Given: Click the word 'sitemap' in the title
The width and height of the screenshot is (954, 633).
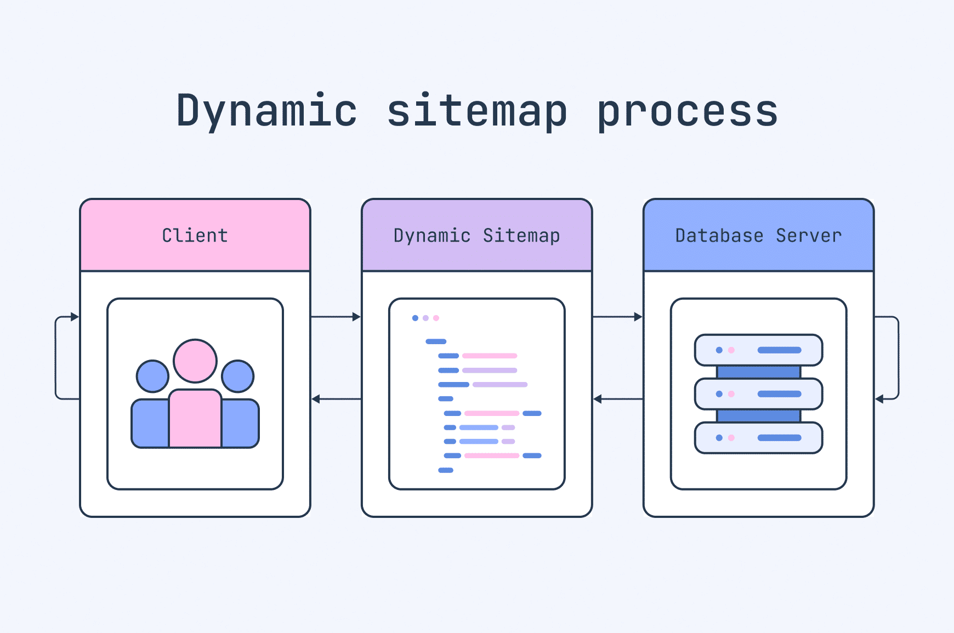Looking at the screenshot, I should coord(476,111).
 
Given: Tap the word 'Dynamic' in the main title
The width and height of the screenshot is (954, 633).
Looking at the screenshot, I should coord(266,111).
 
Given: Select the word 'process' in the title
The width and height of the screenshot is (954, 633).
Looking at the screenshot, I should coord(688,111).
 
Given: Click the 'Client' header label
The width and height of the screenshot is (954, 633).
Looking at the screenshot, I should coord(195,236).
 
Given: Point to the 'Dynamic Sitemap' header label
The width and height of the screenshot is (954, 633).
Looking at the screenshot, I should coord(476,236).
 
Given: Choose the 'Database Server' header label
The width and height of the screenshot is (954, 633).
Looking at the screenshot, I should coord(758,236).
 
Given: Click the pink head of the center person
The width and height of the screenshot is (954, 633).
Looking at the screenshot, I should coord(195,361).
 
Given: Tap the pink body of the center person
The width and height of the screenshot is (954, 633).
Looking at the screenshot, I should coord(195,419).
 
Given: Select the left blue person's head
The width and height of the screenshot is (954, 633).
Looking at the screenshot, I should coord(152,376).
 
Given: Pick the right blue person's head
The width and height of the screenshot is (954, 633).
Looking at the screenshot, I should coord(238,376).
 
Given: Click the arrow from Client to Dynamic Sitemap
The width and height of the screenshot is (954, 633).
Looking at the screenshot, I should coord(336,317).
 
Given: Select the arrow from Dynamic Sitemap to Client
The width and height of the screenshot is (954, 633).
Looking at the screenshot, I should coord(336,399).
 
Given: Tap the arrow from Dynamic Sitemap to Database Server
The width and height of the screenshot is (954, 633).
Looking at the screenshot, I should coord(617,317).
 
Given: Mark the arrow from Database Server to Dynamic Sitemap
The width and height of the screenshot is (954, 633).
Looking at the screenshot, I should coord(617,399).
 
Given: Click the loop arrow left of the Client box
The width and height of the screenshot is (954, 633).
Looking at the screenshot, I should coord(56,357).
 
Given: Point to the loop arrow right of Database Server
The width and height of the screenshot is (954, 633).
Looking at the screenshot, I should coord(898,357).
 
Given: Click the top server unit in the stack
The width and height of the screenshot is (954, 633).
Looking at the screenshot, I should coord(758,350).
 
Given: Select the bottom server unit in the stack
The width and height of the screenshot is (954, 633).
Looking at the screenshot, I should coord(758,438).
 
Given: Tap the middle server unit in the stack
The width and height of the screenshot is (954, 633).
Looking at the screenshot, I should coord(758,394).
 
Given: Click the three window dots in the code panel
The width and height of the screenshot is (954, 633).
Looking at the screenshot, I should coord(425,318).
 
